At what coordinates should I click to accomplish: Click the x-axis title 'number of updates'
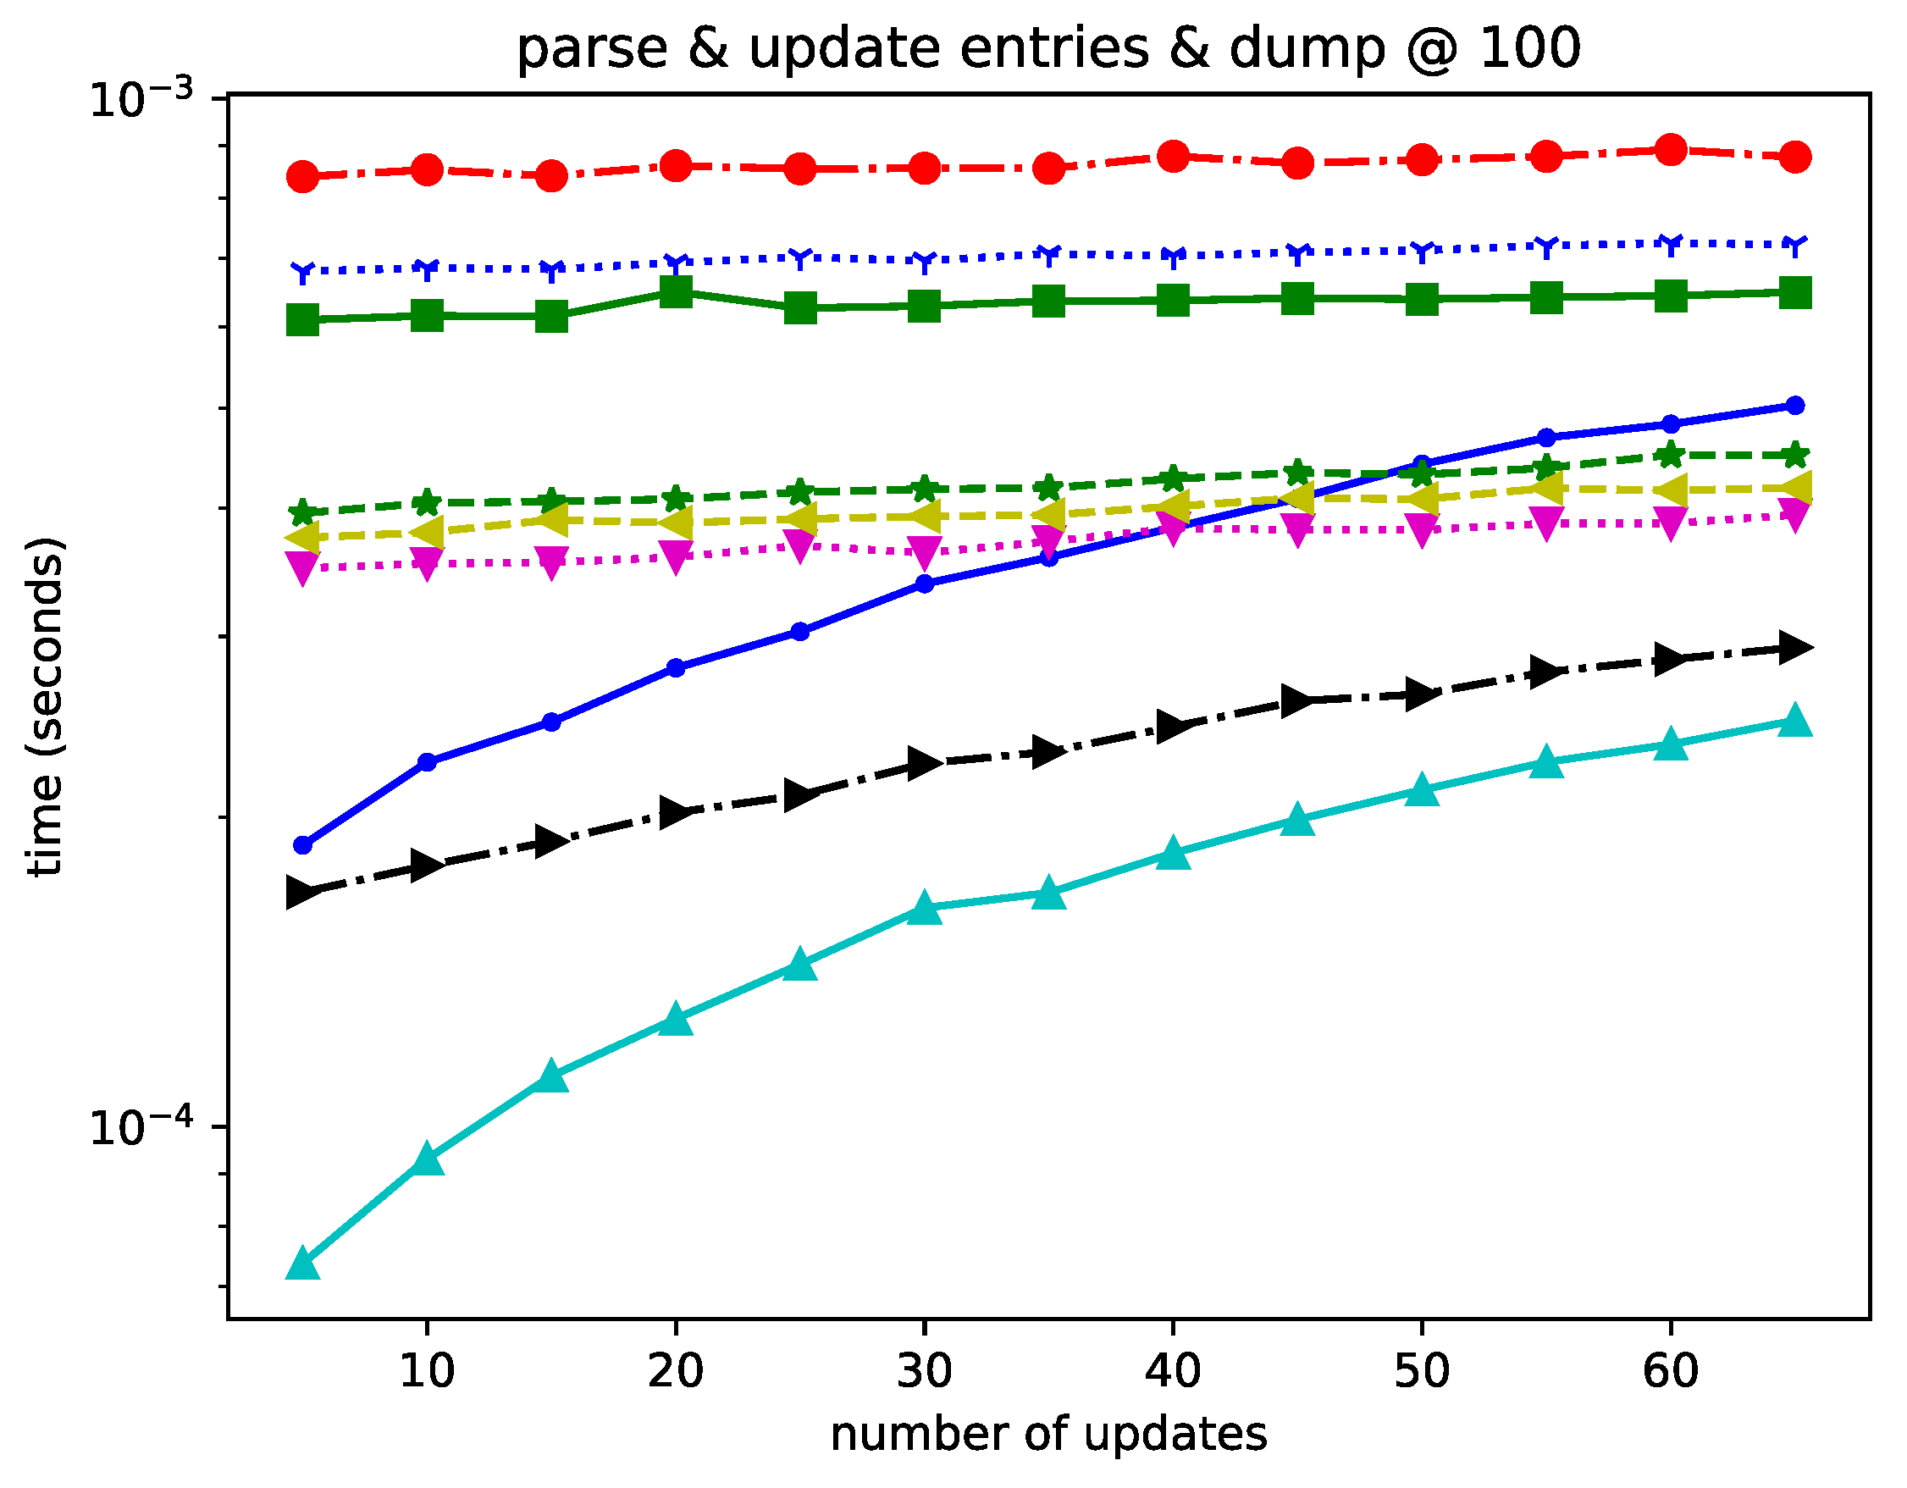(1047, 1434)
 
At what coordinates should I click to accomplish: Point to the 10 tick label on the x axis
(426, 1371)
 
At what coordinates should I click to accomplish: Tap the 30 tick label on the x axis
(924, 1371)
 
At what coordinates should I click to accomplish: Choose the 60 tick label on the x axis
(1671, 1371)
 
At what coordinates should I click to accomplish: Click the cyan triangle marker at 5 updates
(303, 1264)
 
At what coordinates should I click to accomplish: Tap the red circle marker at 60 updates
(1671, 150)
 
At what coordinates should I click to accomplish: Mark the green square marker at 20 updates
(676, 291)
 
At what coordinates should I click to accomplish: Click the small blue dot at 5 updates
(303, 845)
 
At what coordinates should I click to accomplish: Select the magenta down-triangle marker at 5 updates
(303, 568)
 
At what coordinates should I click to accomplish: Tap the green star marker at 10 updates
(427, 503)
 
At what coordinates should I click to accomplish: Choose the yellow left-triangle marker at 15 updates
(552, 521)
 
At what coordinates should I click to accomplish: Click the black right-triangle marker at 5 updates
(303, 893)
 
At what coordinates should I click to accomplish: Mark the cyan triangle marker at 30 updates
(925, 908)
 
